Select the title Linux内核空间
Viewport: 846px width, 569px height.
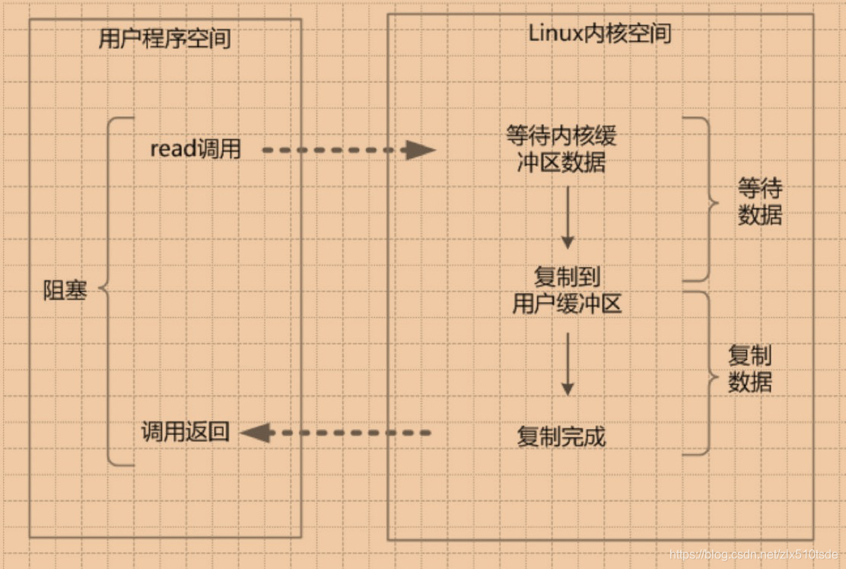pos(600,33)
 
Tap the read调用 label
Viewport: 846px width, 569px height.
pos(196,149)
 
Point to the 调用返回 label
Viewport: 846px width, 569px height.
pos(185,433)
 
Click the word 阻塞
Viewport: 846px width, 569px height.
pos(65,291)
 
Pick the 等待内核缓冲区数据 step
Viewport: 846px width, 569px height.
pos(561,149)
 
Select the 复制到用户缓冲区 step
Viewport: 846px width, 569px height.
pos(567,290)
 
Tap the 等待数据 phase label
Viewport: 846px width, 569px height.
pos(760,202)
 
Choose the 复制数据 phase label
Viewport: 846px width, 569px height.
pos(750,368)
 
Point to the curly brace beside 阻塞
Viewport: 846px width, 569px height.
pos(110,291)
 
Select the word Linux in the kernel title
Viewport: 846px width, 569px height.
pos(554,33)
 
